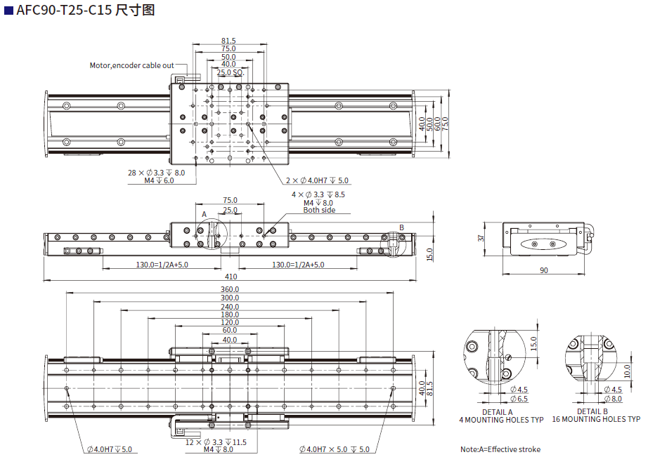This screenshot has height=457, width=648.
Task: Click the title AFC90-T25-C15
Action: (64, 11)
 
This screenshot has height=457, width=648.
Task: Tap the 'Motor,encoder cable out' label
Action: (131, 65)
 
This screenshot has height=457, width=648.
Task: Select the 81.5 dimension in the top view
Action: (228, 41)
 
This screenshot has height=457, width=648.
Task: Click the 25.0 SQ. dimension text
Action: (230, 72)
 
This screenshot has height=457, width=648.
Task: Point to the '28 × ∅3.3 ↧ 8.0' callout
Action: (157, 173)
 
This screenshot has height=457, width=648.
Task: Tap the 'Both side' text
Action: (319, 211)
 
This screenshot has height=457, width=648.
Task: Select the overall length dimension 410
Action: (231, 277)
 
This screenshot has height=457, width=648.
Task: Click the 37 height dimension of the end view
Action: (481, 238)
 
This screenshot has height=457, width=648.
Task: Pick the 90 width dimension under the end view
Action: (544, 270)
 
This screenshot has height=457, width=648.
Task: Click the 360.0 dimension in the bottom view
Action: (230, 289)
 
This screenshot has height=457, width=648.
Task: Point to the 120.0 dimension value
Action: (230, 322)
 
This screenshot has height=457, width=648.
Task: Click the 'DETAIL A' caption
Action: (497, 412)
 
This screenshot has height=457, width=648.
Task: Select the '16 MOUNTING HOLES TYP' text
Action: (596, 420)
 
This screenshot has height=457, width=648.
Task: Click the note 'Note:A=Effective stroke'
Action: (500, 449)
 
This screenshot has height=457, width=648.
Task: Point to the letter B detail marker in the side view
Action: (401, 227)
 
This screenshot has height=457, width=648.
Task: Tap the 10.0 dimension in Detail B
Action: (628, 370)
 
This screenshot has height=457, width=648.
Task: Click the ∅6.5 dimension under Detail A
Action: (519, 399)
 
